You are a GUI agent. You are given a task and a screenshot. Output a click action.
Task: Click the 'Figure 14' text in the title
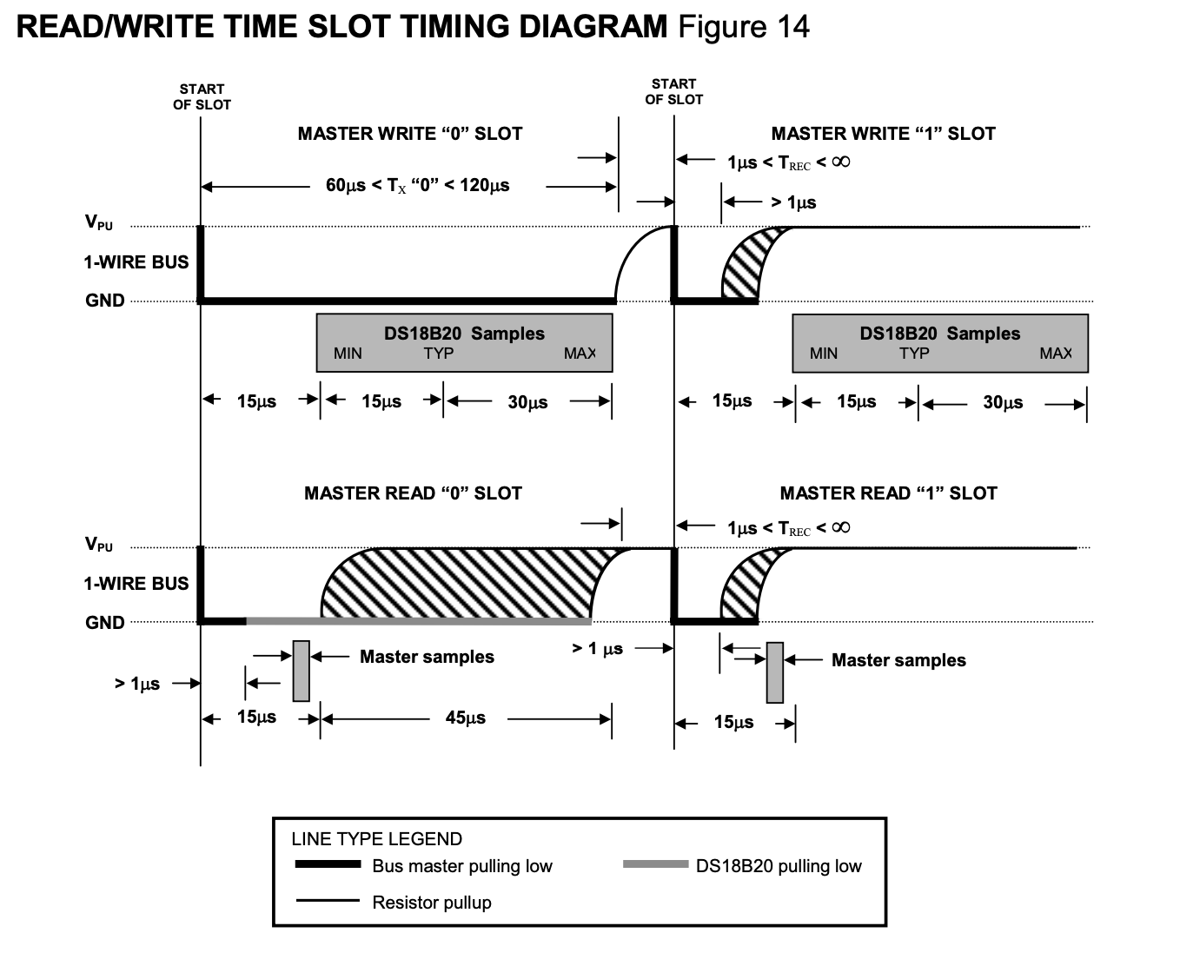(744, 26)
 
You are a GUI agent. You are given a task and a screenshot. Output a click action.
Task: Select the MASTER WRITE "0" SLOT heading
(409, 134)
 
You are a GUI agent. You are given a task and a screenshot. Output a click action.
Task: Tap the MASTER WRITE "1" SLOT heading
(883, 134)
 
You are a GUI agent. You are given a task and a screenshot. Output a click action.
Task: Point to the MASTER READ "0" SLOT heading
(413, 493)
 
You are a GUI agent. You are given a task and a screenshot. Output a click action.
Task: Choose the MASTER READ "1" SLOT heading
(889, 493)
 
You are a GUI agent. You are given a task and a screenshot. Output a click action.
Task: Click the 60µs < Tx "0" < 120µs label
(417, 186)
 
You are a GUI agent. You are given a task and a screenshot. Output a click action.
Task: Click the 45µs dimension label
(466, 718)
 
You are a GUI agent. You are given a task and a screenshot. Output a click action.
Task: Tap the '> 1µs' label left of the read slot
(137, 684)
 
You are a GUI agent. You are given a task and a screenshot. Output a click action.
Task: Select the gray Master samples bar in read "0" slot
(301, 671)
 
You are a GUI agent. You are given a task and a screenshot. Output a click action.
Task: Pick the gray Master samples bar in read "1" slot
(775, 672)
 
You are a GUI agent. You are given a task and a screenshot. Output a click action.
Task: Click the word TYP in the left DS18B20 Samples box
(438, 354)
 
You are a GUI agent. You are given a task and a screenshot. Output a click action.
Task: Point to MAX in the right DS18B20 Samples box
(1056, 354)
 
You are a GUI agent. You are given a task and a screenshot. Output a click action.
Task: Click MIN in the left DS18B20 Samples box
(348, 354)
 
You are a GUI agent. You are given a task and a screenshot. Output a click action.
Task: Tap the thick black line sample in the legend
(328, 864)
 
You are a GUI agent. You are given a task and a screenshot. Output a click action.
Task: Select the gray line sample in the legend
(656, 864)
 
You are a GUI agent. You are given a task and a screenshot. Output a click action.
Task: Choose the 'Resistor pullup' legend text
(431, 903)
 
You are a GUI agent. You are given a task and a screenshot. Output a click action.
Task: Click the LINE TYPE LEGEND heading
(376, 839)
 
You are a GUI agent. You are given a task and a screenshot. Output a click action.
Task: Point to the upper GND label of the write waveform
(104, 301)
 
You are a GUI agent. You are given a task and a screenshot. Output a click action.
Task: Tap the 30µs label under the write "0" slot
(527, 402)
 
